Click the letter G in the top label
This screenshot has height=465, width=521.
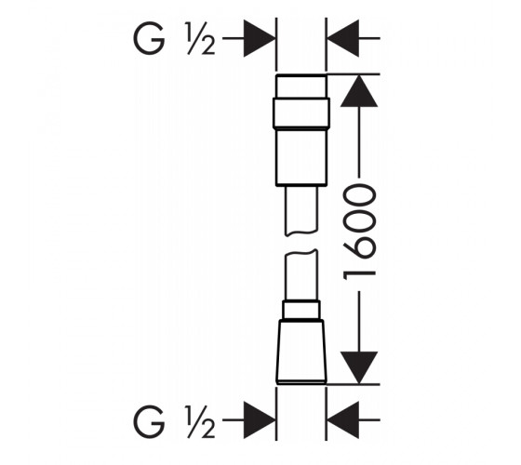(x=149, y=38)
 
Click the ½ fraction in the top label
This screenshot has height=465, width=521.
(x=200, y=38)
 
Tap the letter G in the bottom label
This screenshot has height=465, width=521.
(x=149, y=421)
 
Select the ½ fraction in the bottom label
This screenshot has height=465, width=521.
(x=200, y=421)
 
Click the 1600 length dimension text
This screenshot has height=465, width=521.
(x=359, y=232)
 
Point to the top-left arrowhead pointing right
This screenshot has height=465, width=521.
(x=260, y=38)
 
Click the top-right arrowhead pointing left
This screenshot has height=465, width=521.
(x=343, y=38)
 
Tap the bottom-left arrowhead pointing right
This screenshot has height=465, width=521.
(x=260, y=419)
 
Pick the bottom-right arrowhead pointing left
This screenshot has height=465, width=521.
(x=343, y=419)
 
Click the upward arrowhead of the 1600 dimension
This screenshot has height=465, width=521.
(x=359, y=91)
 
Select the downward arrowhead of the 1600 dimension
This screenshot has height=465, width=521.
(x=359, y=367)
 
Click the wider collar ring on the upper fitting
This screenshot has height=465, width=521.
(x=301, y=113)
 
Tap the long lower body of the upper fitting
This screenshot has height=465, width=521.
(x=301, y=157)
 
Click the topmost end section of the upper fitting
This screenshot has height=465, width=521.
(x=301, y=86)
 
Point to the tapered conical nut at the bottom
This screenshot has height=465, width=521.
(x=301, y=352)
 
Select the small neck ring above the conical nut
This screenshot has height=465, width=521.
(x=301, y=310)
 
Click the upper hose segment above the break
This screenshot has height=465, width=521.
(x=301, y=210)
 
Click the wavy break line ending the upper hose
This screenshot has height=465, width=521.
(x=301, y=233)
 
